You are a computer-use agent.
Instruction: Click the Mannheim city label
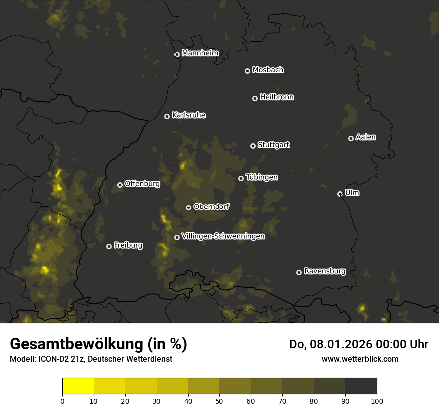(200, 53)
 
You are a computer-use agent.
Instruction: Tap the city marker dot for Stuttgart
(253, 146)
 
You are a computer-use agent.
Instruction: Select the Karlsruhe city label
(188, 115)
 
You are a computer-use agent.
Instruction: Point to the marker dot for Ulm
(340, 194)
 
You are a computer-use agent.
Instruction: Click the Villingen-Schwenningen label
(223, 236)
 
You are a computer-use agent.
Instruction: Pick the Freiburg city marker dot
(109, 246)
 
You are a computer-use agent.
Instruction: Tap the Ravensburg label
(324, 271)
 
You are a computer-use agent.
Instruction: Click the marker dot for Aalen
(351, 138)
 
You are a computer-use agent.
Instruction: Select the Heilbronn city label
(277, 97)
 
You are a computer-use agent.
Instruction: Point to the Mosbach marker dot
(247, 71)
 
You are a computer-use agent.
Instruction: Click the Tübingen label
(262, 177)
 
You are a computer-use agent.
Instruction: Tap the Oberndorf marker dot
(188, 207)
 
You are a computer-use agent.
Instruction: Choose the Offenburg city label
(142, 184)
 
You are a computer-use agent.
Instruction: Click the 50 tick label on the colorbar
(219, 400)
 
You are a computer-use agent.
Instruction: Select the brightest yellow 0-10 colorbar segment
(78, 386)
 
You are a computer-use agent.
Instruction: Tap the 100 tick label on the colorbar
(377, 400)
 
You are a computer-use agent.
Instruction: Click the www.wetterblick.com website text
(360, 359)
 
